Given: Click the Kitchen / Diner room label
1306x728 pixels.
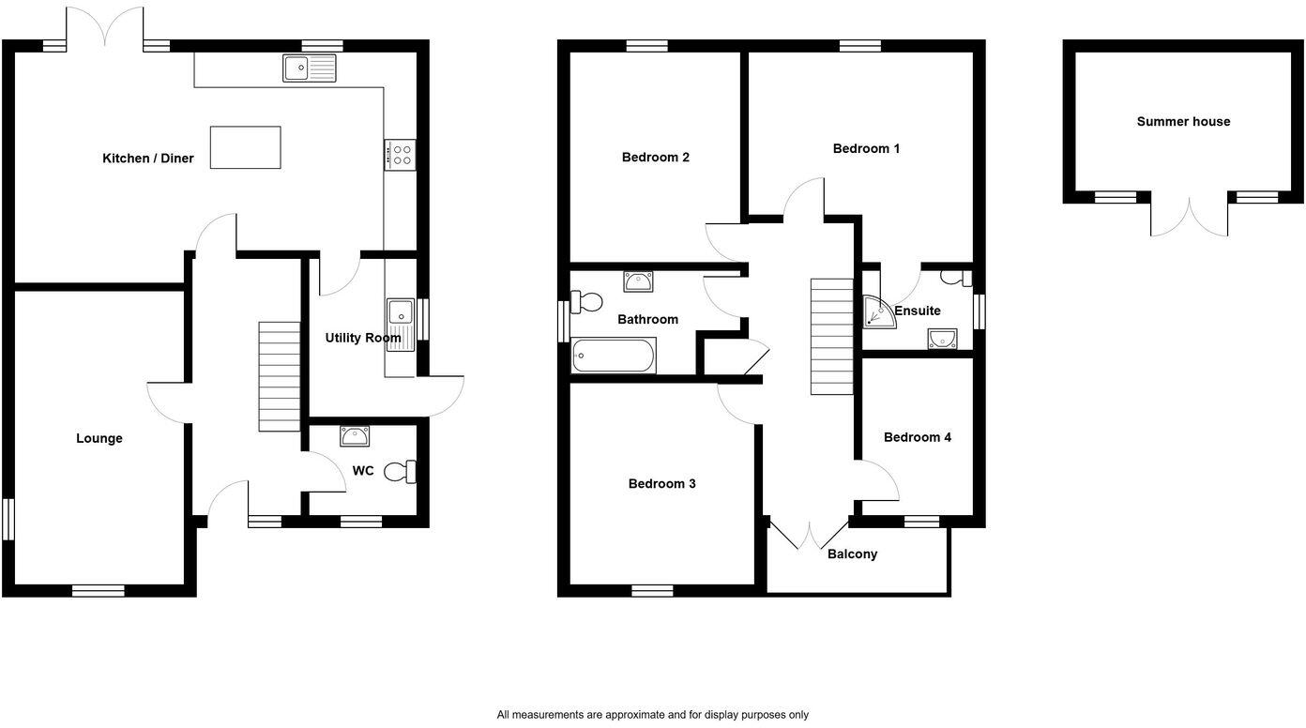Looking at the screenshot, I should coord(147,159).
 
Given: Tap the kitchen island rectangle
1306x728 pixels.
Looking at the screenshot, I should coord(245,147).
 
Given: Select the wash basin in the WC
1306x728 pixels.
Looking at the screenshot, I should coord(356,435).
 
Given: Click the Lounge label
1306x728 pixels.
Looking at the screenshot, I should coord(99,438).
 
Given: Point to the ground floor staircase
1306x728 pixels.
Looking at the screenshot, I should coord(279,376).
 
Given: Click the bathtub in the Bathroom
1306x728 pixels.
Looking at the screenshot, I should coord(614,356).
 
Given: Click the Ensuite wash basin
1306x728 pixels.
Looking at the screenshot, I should coord(941,338).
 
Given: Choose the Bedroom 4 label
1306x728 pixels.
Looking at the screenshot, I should coord(917,437).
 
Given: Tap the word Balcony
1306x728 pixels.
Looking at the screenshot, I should coord(852,554).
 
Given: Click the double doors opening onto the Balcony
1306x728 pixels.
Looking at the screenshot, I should coord(809,533).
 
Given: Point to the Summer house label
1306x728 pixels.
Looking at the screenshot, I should coord(1183,121).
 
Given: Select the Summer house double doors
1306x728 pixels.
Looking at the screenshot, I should coord(1190,218).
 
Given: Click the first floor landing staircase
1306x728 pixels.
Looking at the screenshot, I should coord(831,336).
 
